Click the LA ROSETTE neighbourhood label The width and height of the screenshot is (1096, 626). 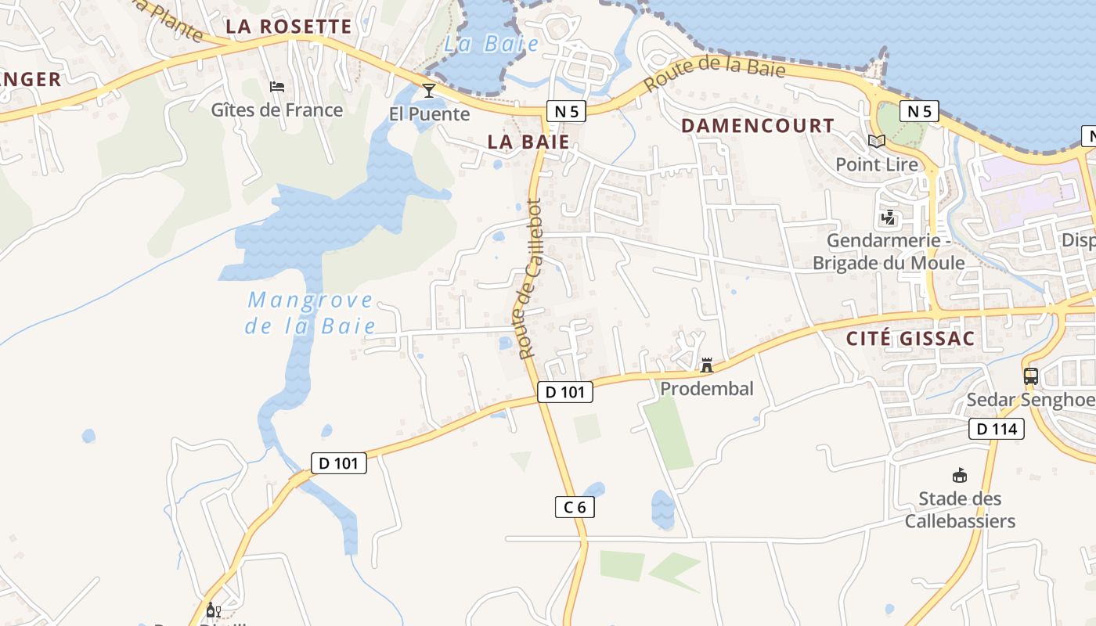pos(289,27)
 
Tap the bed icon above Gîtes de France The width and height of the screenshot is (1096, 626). pos(277,86)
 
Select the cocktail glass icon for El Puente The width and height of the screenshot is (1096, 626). pos(429,90)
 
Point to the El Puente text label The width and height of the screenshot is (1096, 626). pos(429,114)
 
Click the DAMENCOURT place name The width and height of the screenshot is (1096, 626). pos(757,126)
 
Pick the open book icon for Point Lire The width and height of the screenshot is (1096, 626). pos(876,142)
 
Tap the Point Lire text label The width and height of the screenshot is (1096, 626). pos(876,164)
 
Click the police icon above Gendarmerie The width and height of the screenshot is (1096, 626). pos(888,217)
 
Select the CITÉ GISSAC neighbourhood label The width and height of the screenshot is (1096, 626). pos(911,339)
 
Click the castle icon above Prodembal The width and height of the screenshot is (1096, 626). pos(707,365)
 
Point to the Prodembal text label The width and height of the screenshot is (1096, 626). pos(707,388)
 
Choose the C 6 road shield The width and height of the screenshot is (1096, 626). pos(575,507)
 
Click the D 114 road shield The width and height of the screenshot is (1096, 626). pos(997,429)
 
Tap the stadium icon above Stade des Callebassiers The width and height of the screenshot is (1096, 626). pos(959,475)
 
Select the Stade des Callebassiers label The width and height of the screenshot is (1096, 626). pos(960,509)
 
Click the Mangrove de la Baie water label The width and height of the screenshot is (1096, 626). pos(311,313)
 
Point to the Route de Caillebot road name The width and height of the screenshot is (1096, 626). pos(531,279)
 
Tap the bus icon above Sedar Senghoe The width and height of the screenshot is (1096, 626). pos(1031,376)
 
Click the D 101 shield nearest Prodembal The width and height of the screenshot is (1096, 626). pos(564,392)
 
